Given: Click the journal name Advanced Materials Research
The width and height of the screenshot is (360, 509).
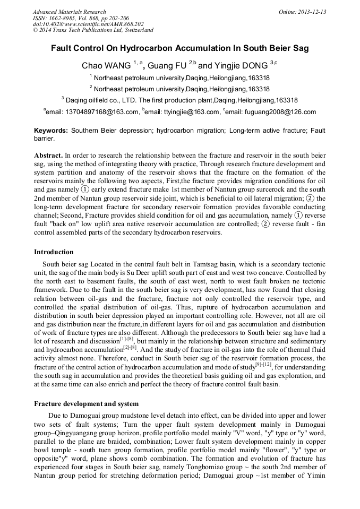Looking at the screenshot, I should (69, 12).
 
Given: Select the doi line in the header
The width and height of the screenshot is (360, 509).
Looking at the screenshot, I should (88, 24).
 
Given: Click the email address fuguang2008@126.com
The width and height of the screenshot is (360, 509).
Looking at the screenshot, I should (281, 112).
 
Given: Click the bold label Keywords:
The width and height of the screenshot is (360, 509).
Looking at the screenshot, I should (51, 131).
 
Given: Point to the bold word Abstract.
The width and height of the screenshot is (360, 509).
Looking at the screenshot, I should (48, 156).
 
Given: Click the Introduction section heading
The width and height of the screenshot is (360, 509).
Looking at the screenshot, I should (54, 252).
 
